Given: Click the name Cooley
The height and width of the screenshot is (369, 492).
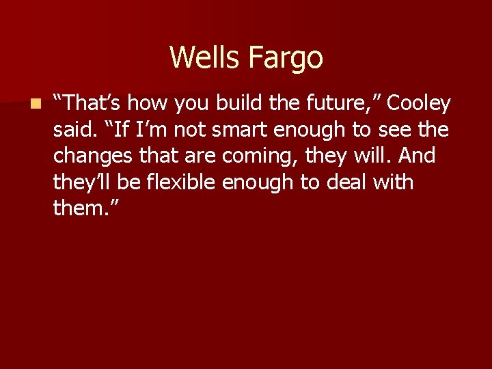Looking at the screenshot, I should tap(419, 104).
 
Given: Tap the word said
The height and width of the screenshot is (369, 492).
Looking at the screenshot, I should tap(71, 130).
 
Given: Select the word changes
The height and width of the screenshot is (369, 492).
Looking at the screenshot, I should tap(92, 156).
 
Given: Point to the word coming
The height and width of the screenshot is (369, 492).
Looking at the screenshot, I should tap(259, 156).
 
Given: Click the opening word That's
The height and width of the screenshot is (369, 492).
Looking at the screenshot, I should tap(88, 104).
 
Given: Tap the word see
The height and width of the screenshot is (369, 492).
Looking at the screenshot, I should tap(397, 130).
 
